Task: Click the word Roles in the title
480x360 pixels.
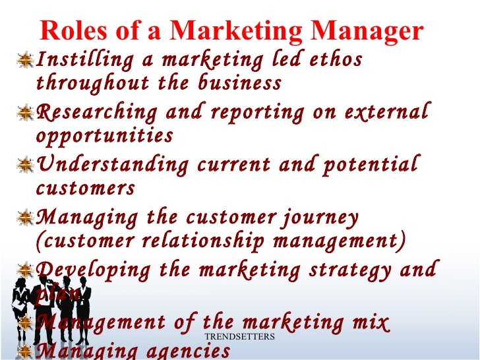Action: tap(72, 32)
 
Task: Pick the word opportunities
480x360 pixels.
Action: tap(105, 136)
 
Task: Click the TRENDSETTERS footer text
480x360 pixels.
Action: tap(239, 337)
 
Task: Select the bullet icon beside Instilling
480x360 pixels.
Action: tap(27, 60)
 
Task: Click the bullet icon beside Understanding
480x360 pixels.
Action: tap(27, 164)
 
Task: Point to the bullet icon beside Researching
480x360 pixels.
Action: tap(27, 112)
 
